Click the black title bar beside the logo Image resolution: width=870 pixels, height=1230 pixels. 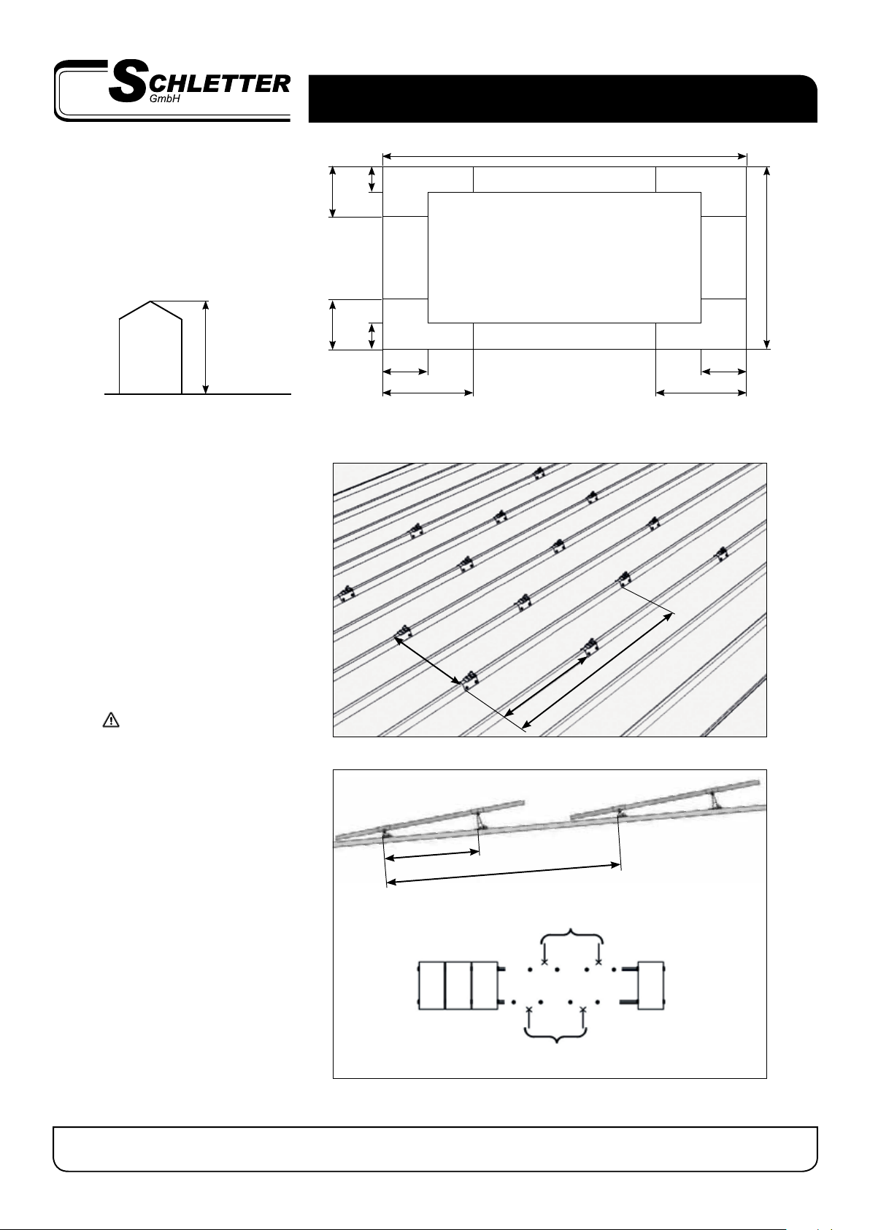tap(563, 99)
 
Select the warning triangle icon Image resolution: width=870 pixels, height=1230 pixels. tap(111, 719)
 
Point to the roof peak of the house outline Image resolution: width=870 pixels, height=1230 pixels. tap(151, 301)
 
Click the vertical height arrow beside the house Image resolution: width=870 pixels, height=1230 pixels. tap(206, 347)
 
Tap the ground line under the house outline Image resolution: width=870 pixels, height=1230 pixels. tap(198, 394)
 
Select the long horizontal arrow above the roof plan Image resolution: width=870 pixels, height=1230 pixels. tap(565, 157)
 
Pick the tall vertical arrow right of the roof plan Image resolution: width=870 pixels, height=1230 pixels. tap(767, 258)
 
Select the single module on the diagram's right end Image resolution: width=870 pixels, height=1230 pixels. tap(651, 985)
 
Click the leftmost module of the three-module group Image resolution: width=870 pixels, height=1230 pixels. tap(431, 985)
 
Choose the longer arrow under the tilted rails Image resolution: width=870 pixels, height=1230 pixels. tap(504, 874)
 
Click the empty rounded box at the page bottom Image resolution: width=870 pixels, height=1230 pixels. tap(435, 1149)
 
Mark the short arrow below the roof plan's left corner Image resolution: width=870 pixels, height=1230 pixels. tap(405, 372)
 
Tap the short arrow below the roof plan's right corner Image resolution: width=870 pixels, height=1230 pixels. tap(724, 372)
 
